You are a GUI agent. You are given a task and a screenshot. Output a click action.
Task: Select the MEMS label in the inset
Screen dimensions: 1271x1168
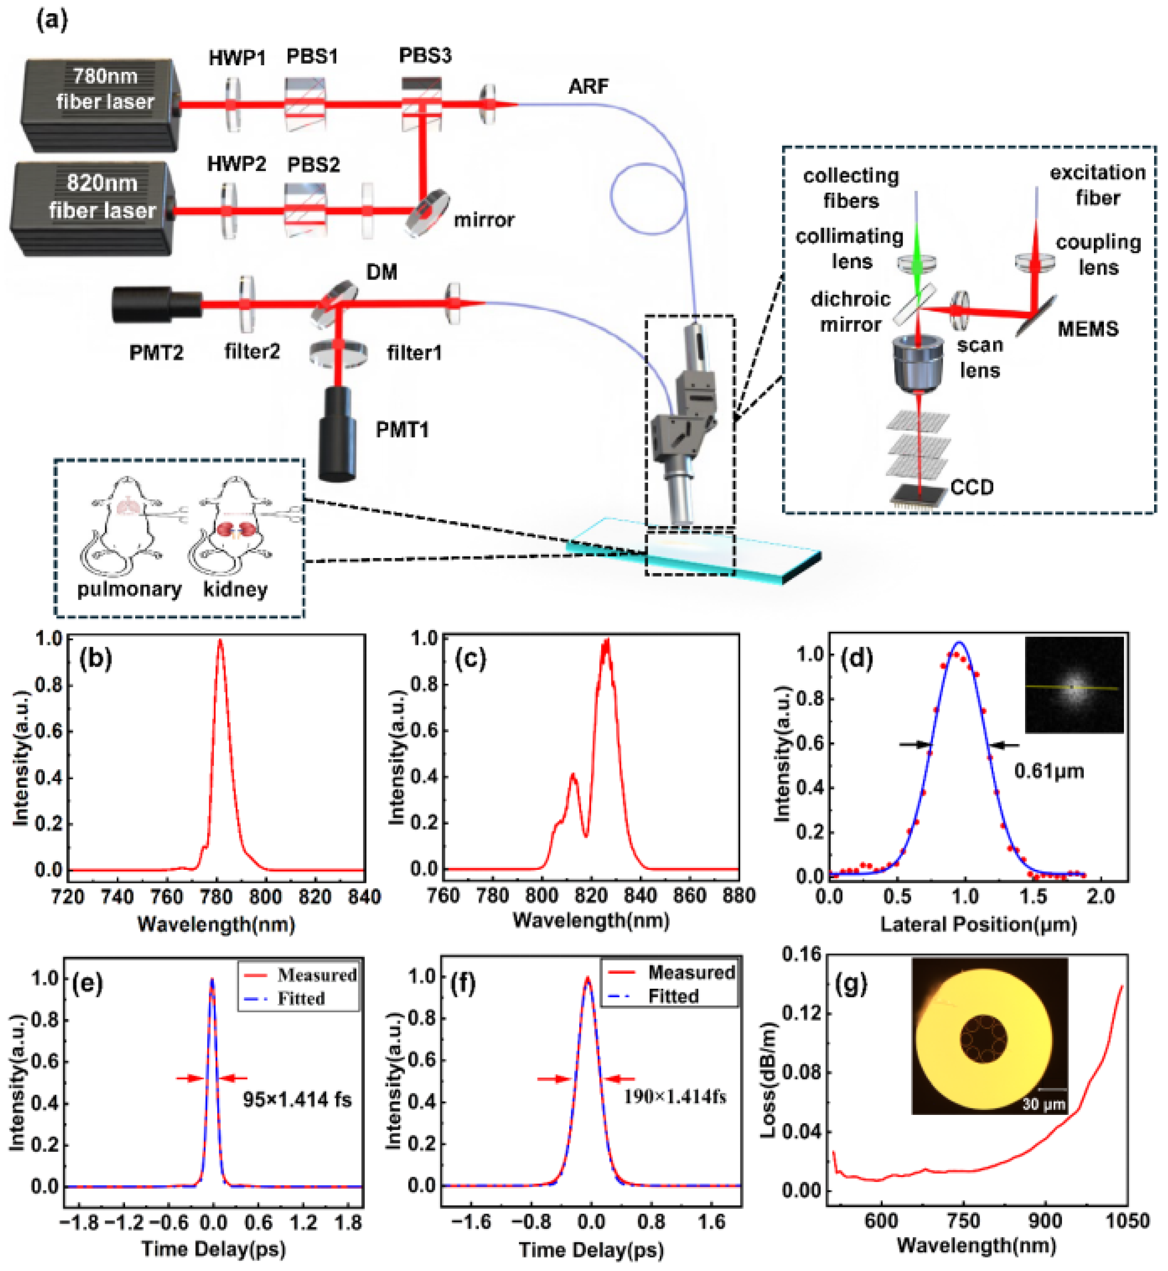coord(1087,329)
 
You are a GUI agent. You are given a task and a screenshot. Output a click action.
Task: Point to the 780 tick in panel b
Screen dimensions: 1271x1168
coord(217,896)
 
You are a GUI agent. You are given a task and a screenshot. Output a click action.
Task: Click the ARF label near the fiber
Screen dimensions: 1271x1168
coord(588,86)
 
